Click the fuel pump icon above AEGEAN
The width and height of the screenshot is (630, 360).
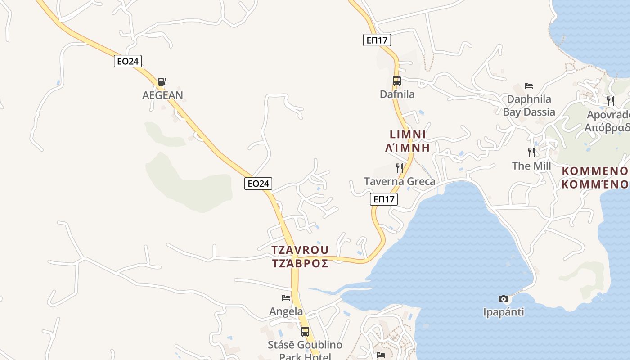(162, 82)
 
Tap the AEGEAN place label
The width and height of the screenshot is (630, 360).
(162, 95)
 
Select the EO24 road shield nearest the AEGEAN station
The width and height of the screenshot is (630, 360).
(128, 61)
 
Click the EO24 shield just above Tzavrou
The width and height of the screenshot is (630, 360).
(258, 184)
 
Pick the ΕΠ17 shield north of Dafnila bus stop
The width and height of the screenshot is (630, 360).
(377, 40)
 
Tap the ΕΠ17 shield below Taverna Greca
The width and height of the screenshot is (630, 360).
(384, 199)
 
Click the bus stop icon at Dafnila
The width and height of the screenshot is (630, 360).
(396, 81)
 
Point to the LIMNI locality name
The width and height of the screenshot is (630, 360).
(408, 135)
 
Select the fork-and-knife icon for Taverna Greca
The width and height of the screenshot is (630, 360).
(400, 168)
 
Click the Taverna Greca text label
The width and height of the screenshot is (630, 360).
(400, 182)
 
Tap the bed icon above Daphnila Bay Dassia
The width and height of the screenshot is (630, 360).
(529, 86)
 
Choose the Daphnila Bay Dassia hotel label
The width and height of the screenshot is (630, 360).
(529, 106)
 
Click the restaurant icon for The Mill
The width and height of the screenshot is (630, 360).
(531, 153)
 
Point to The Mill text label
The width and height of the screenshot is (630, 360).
(531, 166)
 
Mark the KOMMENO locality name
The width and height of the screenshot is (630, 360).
(595, 171)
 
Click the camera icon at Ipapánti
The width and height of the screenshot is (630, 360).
(504, 299)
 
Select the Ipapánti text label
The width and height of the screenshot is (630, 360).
(504, 312)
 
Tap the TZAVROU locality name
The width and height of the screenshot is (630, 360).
(300, 250)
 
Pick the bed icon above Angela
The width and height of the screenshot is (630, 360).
(286, 298)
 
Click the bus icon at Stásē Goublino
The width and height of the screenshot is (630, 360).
(305, 332)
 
